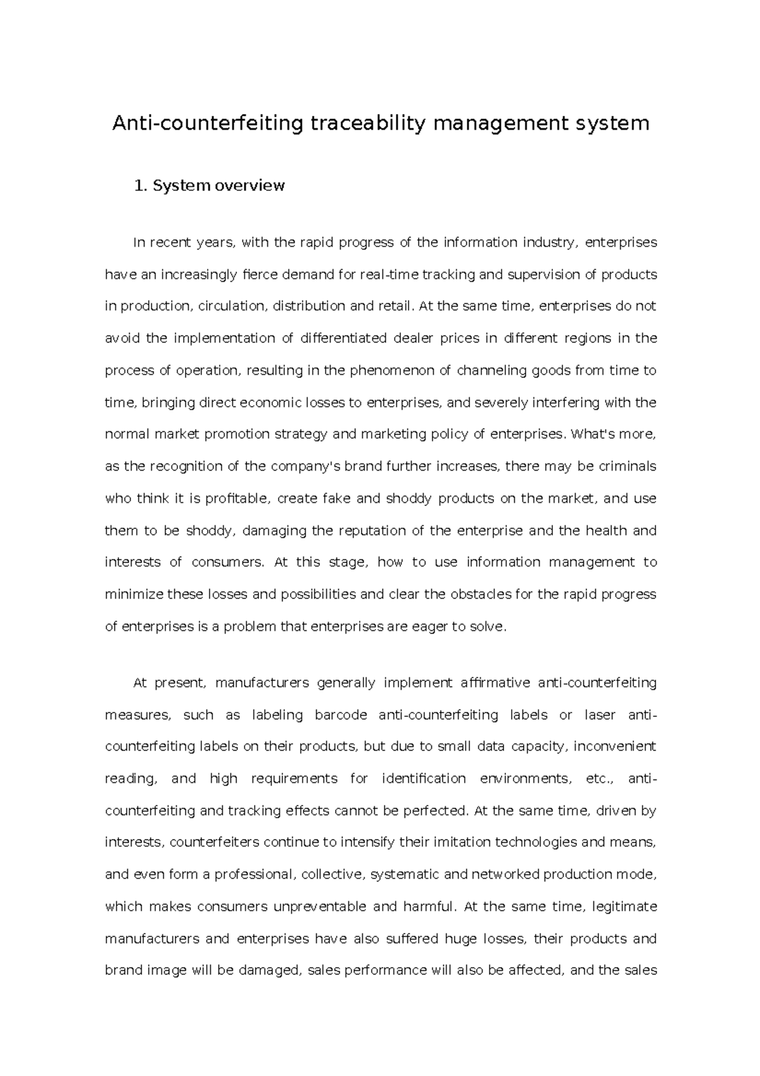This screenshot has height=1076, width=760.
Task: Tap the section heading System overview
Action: (218, 186)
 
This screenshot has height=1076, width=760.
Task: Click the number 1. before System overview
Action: (140, 186)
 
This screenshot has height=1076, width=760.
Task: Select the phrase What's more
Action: (613, 434)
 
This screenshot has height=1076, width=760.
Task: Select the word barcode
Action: (341, 715)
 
